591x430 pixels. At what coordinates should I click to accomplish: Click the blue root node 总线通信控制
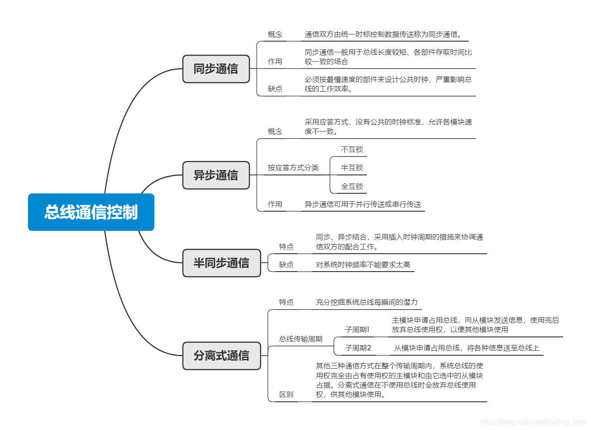point(91,212)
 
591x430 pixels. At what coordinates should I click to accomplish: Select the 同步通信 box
point(216,69)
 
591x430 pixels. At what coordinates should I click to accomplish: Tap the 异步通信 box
point(216,175)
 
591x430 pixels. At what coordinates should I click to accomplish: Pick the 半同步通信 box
point(221,263)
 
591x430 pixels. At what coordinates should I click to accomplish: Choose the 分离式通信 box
point(221,356)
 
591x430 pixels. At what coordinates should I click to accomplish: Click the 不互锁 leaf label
point(352,149)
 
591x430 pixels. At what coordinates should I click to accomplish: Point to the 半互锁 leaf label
point(352,168)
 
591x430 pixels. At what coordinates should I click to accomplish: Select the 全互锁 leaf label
point(352,186)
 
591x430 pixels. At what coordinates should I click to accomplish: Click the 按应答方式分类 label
point(293,168)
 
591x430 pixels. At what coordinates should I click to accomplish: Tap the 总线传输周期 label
point(301,339)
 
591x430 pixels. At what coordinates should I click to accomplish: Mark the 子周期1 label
point(357,330)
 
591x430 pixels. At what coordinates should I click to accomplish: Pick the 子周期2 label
point(358,348)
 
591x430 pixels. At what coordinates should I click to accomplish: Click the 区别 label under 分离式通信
point(286,394)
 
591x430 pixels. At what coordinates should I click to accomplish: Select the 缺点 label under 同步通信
point(275,89)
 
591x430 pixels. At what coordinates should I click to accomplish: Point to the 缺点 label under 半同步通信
point(286,265)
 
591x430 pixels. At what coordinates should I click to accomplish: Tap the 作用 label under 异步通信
point(275,204)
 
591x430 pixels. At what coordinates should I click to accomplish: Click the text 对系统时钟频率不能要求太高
point(363,265)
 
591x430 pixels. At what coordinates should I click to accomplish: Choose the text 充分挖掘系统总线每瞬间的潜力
point(366,302)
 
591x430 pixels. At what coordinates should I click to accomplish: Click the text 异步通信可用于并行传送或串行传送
point(363,204)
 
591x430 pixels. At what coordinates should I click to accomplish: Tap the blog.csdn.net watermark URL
point(533,421)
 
